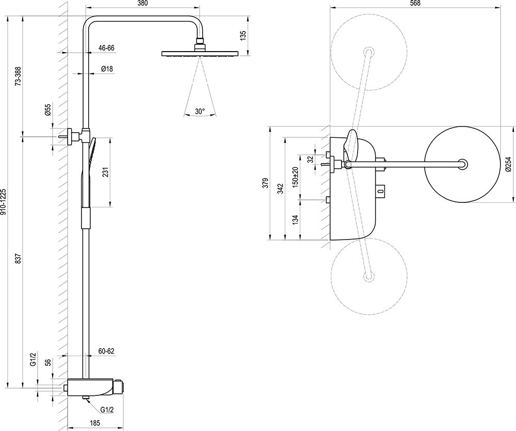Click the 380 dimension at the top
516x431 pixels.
[143, 4]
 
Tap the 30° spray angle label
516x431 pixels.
[200, 111]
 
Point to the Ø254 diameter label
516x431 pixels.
[508, 165]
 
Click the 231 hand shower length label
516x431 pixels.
[105, 172]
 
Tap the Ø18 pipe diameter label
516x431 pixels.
[107, 69]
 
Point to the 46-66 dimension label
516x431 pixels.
[106, 48]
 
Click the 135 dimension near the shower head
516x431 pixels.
[244, 36]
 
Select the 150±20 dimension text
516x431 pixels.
[295, 177]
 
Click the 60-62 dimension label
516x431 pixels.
[106, 351]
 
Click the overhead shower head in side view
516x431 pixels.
[200, 53]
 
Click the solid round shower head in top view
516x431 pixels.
[463, 165]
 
